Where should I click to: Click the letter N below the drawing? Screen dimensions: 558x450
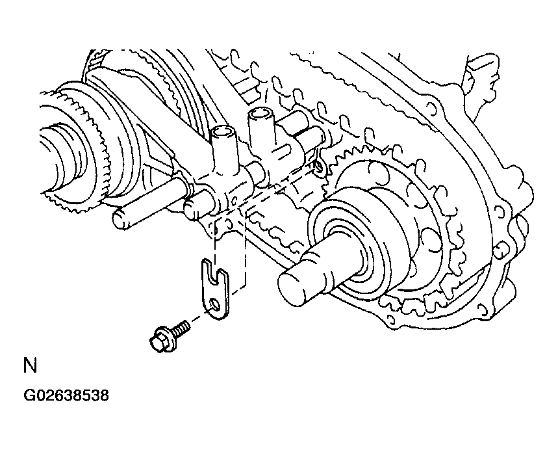[x=31, y=365]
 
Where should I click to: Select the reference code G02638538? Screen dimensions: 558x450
[x=66, y=395]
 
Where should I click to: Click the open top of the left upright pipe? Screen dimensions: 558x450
[x=224, y=133]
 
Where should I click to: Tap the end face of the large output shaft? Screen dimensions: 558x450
[x=292, y=289]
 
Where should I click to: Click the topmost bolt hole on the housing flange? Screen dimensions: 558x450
[x=431, y=108]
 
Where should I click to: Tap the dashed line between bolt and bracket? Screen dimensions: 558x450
[x=198, y=317]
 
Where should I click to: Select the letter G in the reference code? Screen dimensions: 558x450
[x=29, y=395]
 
